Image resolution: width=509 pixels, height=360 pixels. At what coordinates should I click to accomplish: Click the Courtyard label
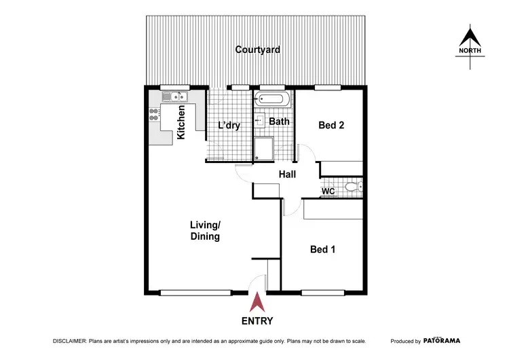point(257,50)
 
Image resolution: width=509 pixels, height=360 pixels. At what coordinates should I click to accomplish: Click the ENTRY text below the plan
point(257,321)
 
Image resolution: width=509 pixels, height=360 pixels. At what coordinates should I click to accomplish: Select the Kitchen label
point(181,122)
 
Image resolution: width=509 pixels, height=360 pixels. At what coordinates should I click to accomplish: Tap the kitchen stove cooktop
point(153,115)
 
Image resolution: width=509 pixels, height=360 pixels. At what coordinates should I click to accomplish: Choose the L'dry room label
point(229,126)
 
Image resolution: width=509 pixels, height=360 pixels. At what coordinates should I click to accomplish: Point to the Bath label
point(279,122)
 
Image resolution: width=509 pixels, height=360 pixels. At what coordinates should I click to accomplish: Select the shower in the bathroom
point(263,149)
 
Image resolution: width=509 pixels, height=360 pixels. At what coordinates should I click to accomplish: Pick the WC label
point(328,192)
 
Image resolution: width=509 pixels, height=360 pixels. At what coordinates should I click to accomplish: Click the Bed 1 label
point(322,249)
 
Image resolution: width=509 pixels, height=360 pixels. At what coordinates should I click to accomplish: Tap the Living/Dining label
point(206,230)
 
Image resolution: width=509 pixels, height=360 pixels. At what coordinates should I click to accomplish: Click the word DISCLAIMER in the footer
point(68,341)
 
